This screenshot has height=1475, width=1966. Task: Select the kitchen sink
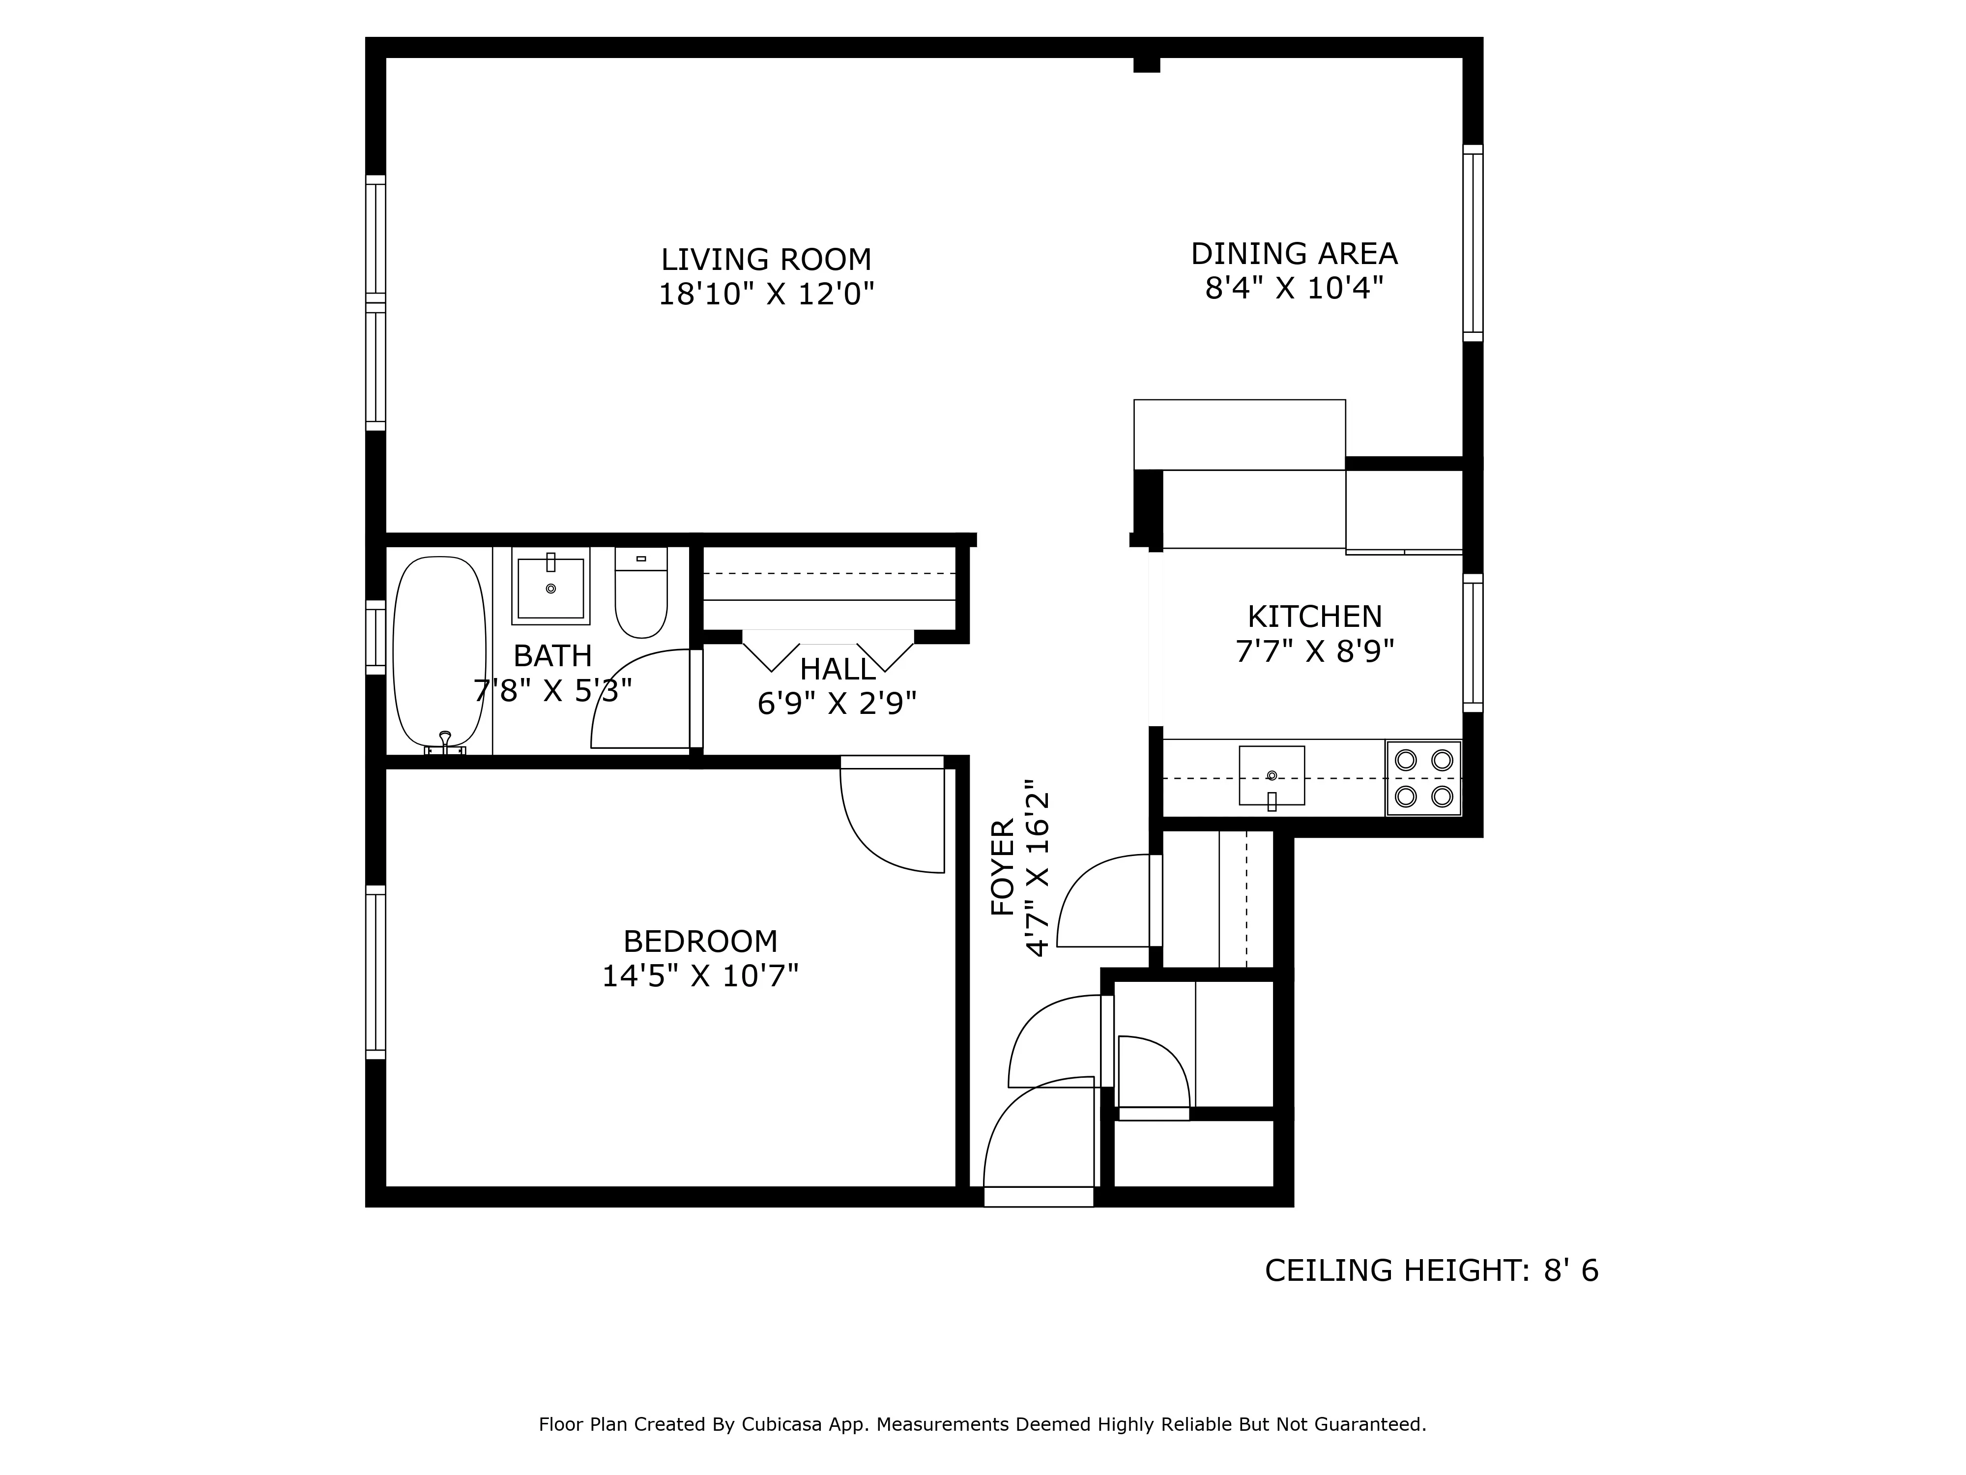pyautogui.click(x=1271, y=775)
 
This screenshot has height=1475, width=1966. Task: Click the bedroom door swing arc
pyautogui.click(x=880, y=831)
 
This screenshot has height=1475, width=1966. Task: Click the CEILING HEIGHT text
pyautogui.click(x=1430, y=1270)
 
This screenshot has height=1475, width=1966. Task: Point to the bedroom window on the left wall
pyautogui.click(x=375, y=972)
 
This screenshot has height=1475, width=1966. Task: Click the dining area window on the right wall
pyautogui.click(x=1472, y=243)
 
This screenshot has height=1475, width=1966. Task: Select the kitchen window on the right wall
pyautogui.click(x=1472, y=643)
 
